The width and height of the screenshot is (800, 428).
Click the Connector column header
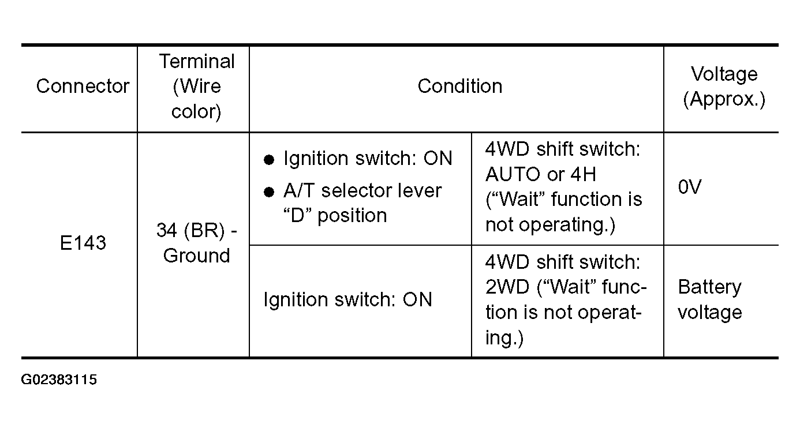83,86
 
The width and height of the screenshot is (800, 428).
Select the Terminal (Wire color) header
196,86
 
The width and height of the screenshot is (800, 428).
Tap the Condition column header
460,86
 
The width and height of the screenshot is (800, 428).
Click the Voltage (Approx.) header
724,87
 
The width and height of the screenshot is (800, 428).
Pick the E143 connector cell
83,243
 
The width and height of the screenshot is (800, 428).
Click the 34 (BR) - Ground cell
196,243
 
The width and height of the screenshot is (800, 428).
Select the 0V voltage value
690,187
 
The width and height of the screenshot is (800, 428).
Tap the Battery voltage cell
709,299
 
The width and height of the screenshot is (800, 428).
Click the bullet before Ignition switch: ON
269,160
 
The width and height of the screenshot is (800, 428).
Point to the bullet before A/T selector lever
269,192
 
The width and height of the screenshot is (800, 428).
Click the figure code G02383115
59,380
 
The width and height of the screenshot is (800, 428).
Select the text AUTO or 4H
541,175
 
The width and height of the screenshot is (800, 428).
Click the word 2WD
507,287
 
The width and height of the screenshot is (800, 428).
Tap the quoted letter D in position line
297,216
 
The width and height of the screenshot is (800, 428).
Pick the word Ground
196,256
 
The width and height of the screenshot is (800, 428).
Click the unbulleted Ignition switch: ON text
347,299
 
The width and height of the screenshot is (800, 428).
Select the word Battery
709,287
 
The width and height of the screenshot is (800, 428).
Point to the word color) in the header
196,112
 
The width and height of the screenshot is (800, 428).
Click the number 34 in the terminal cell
167,230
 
